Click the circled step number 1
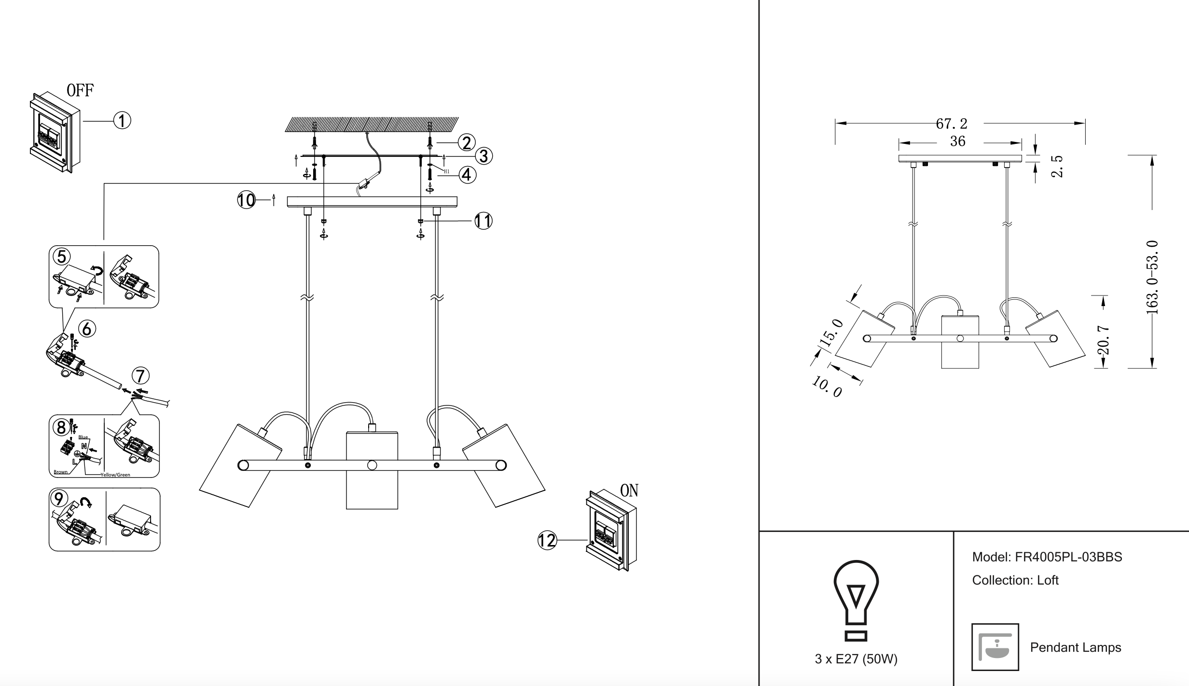122,120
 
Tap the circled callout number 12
547,540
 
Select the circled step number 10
246,200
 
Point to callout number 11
483,221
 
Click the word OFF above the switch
80,90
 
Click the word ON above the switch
629,491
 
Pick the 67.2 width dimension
952,124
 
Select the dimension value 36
957,141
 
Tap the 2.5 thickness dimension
1057,166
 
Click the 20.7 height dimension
1103,340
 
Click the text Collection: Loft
1015,580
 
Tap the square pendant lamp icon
995,647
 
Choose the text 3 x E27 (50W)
856,659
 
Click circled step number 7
140,376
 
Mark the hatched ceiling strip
372,124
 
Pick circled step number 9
59,499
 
